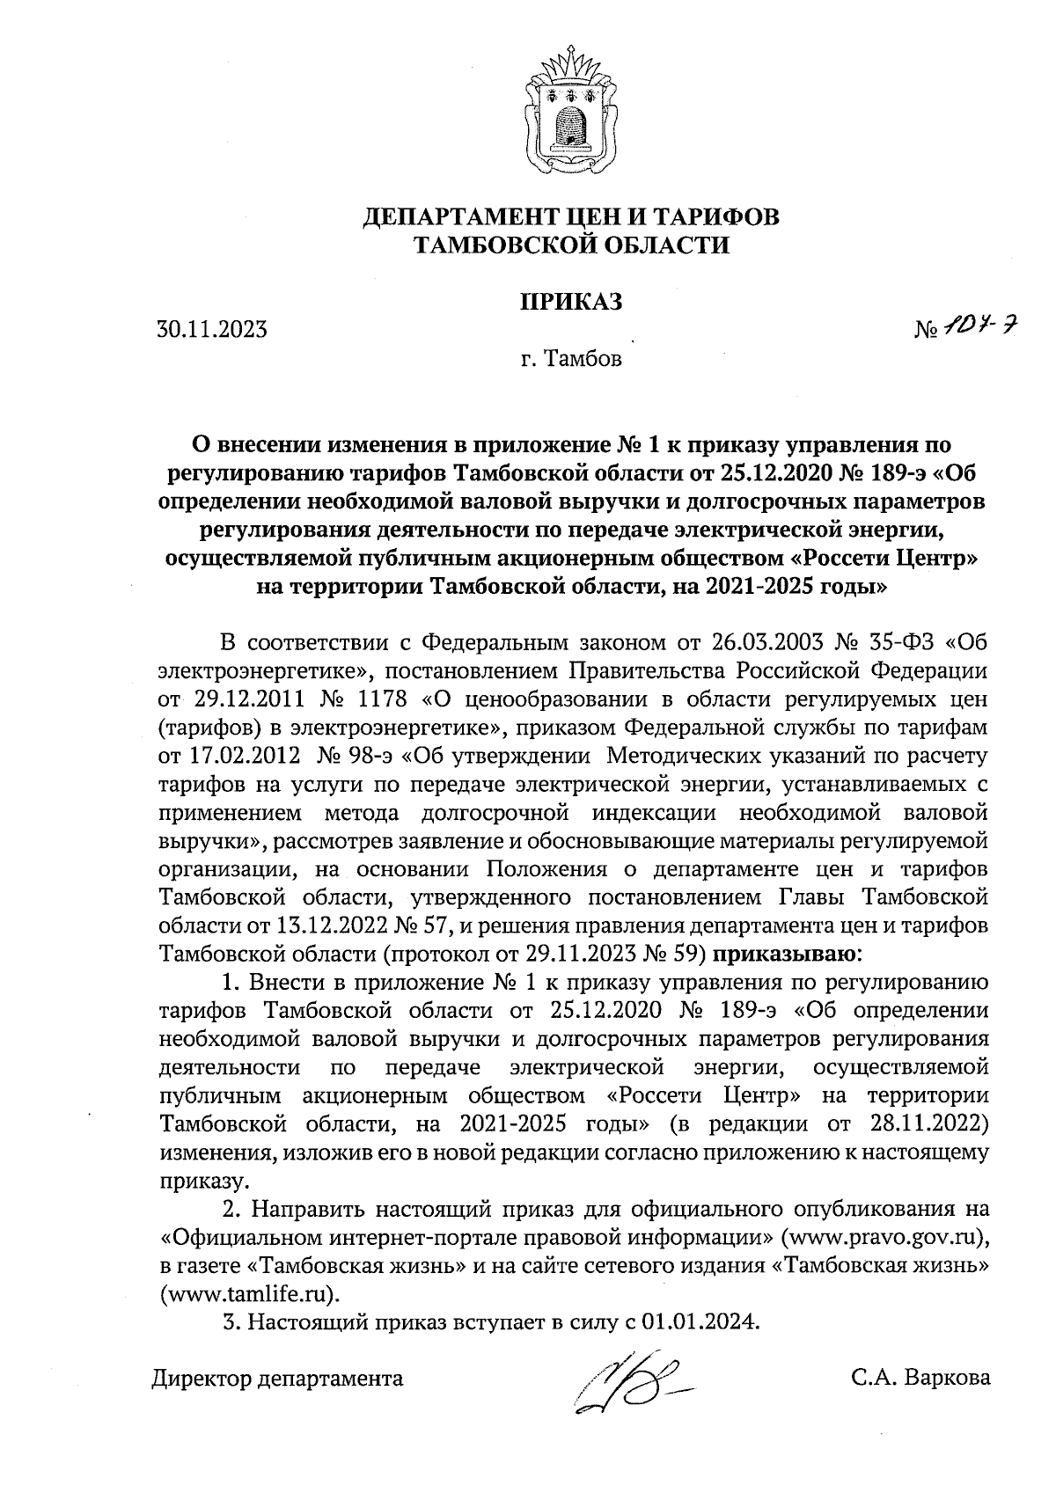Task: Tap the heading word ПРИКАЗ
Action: pos(572,301)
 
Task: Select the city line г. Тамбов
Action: pos(570,359)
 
